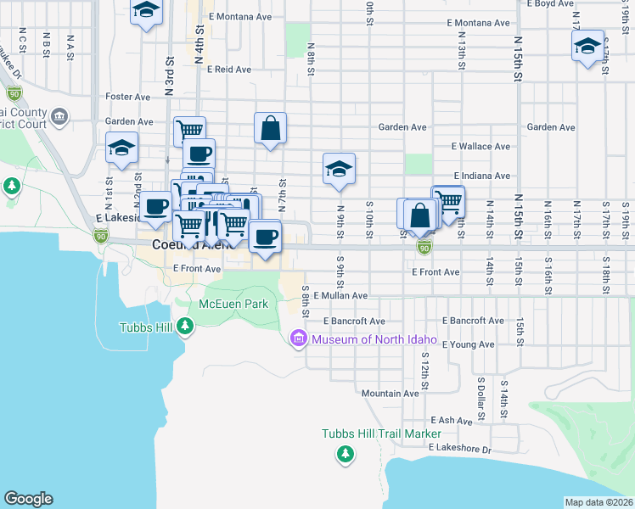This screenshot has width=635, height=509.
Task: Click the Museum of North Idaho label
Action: click(x=374, y=339)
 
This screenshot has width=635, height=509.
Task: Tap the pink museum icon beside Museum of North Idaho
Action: click(x=298, y=339)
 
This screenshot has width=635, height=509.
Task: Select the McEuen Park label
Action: click(x=233, y=304)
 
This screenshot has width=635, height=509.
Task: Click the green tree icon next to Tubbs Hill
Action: click(x=186, y=324)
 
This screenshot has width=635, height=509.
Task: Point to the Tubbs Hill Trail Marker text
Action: click(x=370, y=433)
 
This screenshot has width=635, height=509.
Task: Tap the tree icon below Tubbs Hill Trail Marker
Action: click(x=346, y=454)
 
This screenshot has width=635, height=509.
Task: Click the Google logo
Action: click(x=28, y=499)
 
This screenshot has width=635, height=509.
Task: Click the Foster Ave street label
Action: click(x=128, y=97)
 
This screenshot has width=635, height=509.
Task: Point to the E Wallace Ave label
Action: click(x=480, y=146)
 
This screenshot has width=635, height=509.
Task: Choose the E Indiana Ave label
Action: click(x=480, y=176)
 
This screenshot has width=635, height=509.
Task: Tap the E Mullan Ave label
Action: click(x=340, y=296)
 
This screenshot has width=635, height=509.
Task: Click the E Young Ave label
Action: click(x=469, y=344)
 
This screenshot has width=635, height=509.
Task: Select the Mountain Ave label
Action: click(x=390, y=393)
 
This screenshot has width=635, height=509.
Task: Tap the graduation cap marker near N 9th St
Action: click(x=339, y=169)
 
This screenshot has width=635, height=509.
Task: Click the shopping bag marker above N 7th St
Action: click(x=270, y=129)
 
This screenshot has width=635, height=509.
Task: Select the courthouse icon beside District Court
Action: click(x=59, y=115)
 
